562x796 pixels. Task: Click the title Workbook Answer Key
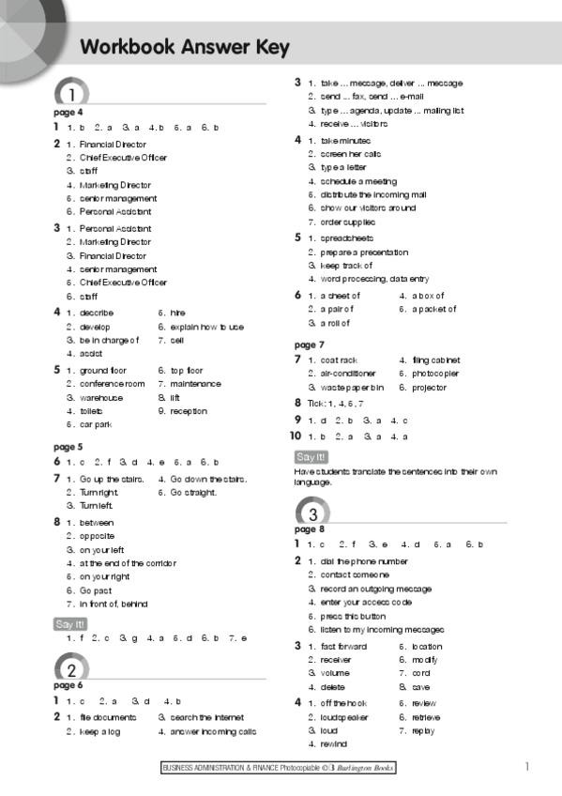pos(185,47)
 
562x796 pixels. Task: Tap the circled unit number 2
pos(71,668)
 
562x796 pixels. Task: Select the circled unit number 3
pos(311,513)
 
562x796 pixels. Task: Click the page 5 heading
pos(68,447)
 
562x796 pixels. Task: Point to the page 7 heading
pos(310,344)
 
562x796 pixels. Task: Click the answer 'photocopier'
pos(435,374)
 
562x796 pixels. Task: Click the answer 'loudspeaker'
pos(344,716)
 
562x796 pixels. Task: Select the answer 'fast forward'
pos(344,647)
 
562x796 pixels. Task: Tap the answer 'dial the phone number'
pos(364,561)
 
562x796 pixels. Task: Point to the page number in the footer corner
pos(526,767)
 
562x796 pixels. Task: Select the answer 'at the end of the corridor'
pos(128,563)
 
